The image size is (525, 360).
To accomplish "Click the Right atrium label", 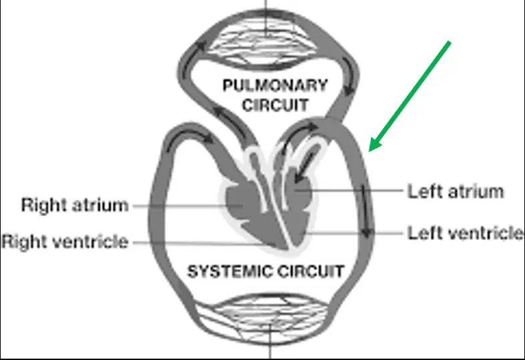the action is pos(75,205).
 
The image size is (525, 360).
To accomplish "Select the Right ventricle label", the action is pos(65,241).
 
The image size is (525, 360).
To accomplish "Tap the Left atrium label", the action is pos(456,192).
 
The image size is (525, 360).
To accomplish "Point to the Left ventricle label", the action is pos(466,233).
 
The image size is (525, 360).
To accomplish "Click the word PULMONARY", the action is pos(275,85).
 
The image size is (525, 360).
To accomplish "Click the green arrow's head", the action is pos(374,145).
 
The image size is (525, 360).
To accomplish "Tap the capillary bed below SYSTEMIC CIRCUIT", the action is pos(265,318).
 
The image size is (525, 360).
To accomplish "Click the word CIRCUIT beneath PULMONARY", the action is pos(275,105).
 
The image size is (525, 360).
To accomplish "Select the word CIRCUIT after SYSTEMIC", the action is pos(311,271).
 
